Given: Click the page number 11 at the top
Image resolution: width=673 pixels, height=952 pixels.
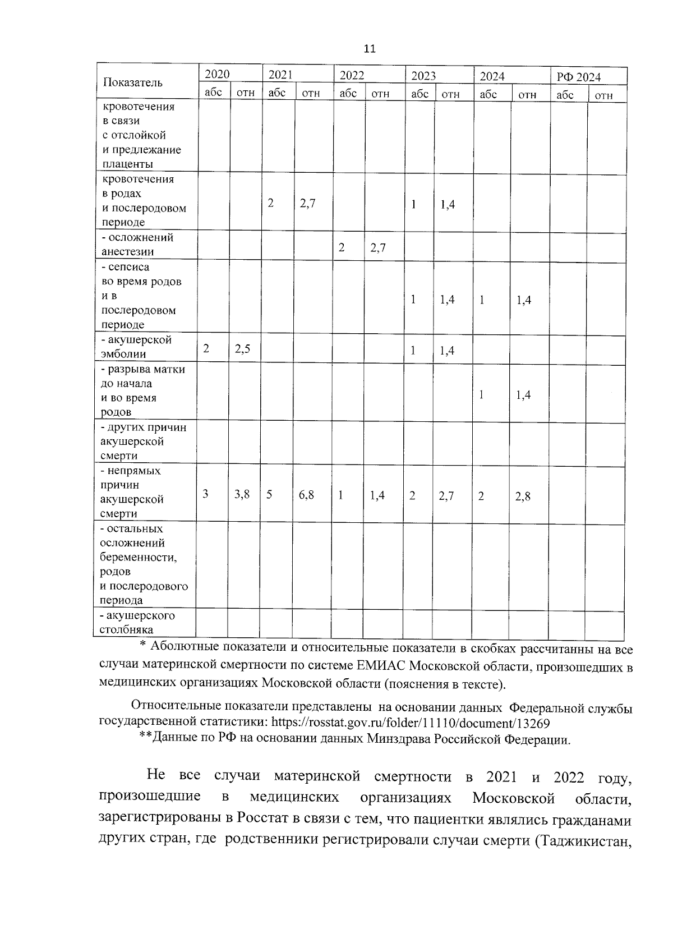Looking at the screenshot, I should coord(370,49).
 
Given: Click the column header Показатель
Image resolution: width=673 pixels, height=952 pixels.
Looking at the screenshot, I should coord(133,82).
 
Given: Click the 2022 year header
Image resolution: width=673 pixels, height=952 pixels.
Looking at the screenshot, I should coord(352,76).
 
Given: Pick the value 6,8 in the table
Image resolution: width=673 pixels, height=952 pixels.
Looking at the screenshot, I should coord(306,495).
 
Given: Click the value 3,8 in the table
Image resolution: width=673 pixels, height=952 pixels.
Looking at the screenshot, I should coord(242,494).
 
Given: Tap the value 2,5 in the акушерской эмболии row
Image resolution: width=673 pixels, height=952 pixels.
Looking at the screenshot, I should coord(242,349).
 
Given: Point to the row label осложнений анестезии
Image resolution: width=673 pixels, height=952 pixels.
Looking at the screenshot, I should coord(137,245).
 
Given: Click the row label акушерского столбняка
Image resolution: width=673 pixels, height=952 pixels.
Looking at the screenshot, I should coord(137,622).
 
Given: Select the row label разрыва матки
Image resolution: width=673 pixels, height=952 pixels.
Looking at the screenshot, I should coord(142,390).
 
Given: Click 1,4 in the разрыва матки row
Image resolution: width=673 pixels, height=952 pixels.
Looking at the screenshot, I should coord(523,395).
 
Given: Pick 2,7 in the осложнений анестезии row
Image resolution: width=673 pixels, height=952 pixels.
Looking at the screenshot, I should coord(378,248).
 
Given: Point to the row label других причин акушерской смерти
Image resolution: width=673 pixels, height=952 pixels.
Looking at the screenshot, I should coord(142,441).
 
